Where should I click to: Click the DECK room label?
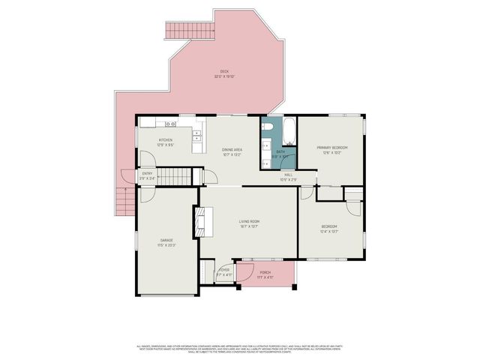click(x=223, y=71)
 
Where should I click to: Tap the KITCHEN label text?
click(x=166, y=140)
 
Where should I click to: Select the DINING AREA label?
click(x=232, y=150)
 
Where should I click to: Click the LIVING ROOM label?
click(x=249, y=221)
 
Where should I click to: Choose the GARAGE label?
click(x=166, y=240)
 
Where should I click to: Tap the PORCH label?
click(x=265, y=272)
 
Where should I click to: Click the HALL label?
click(x=289, y=175)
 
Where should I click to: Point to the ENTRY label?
click(x=147, y=174)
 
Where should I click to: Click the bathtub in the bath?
click(x=289, y=130)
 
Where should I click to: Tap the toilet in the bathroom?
click(x=267, y=127)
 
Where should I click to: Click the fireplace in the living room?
click(x=199, y=222)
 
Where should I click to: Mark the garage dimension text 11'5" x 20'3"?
click(x=166, y=245)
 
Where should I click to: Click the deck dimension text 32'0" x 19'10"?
click(x=223, y=76)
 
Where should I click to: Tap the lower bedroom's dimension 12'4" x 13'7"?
click(x=329, y=231)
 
